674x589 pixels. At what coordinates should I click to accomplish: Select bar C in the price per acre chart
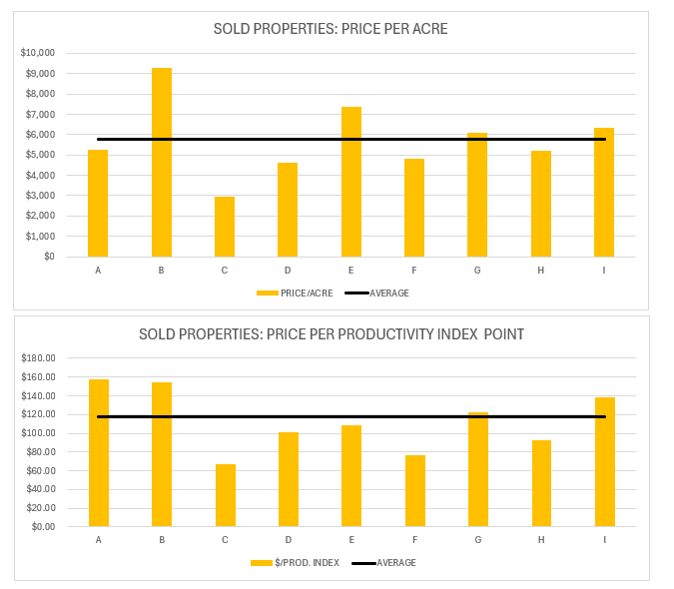[x=225, y=227]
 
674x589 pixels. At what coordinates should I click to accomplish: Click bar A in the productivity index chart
[x=99, y=453]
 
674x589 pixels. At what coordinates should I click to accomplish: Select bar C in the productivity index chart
[x=226, y=495]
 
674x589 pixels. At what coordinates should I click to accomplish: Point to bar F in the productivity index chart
[x=415, y=491]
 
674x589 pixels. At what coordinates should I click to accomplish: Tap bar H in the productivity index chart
[x=541, y=483]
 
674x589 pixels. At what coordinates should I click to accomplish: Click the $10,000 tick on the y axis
[x=38, y=53]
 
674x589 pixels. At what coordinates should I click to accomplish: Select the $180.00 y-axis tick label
[x=38, y=357]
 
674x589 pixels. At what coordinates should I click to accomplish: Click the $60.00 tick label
[x=40, y=470]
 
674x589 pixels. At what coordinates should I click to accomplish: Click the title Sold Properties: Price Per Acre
[x=331, y=29]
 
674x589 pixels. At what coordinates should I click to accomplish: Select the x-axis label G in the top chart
[x=477, y=271]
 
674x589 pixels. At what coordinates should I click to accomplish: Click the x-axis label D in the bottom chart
[x=289, y=540]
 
